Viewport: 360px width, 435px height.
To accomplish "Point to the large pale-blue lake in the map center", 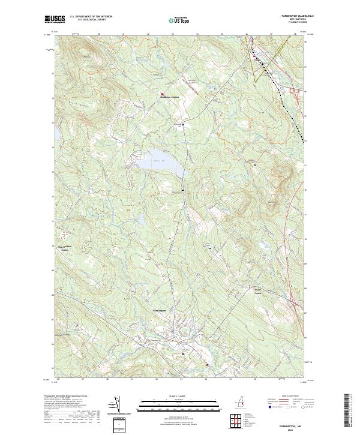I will point(159,162).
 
